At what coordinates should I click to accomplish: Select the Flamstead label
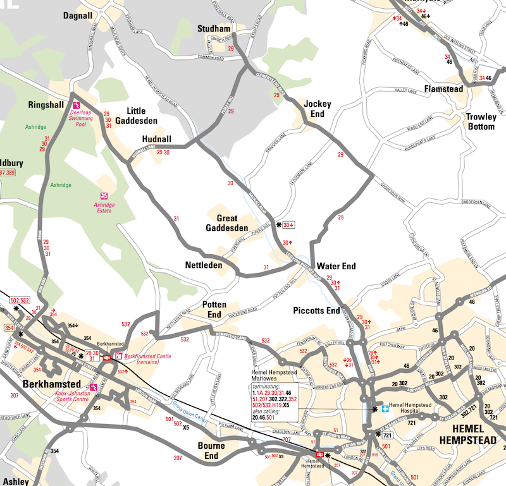(443, 89)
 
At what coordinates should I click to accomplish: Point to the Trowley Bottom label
(480, 121)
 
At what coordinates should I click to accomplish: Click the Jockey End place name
(317, 109)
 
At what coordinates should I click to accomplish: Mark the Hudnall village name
(157, 140)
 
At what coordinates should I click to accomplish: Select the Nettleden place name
(204, 265)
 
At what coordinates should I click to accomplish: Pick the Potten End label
(214, 310)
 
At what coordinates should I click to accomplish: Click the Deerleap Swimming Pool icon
(75, 105)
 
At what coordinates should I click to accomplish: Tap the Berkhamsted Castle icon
(118, 356)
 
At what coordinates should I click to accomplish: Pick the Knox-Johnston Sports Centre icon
(94, 388)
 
